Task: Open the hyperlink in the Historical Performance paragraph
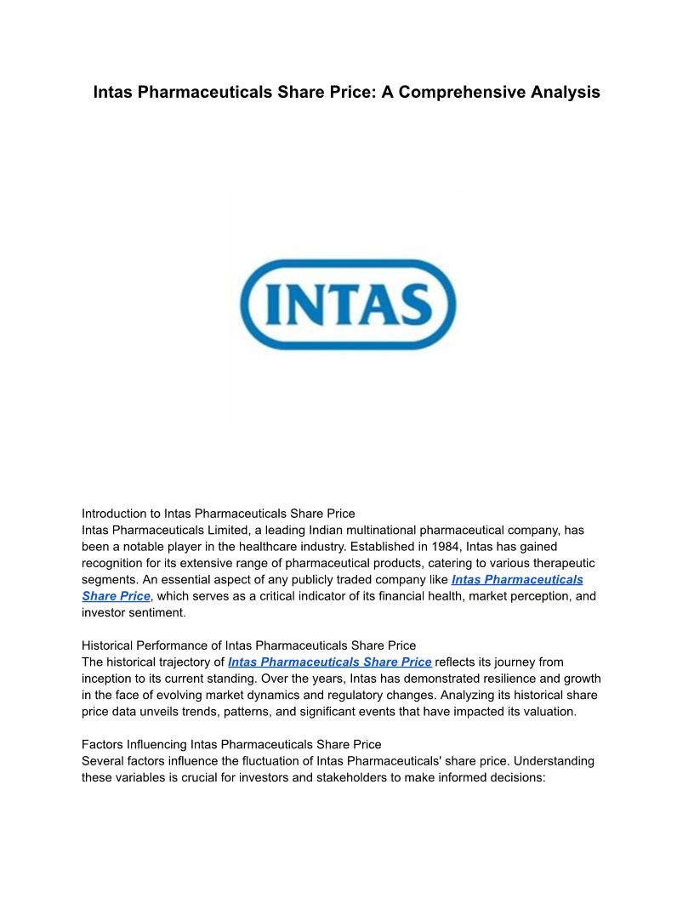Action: coord(330,662)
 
